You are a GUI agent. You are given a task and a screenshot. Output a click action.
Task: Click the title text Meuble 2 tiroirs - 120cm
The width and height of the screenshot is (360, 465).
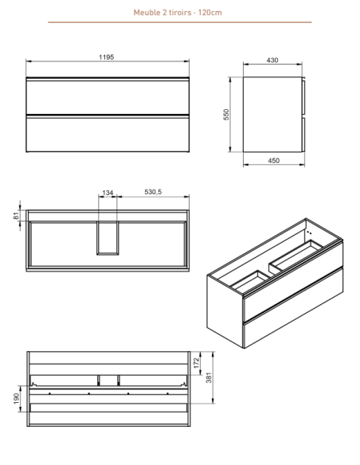tap(178, 13)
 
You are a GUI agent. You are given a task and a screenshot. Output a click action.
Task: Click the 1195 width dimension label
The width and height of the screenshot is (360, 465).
tap(107, 57)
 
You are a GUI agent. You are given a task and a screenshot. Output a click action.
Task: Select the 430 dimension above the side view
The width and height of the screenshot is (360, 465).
tap(272, 61)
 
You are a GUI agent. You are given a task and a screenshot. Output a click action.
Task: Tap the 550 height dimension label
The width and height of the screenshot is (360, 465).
tap(226, 115)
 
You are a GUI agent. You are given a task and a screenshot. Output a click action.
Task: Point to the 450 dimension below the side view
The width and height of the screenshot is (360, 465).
tap(274, 160)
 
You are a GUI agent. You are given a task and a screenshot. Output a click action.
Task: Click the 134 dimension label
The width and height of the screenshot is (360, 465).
tap(108, 193)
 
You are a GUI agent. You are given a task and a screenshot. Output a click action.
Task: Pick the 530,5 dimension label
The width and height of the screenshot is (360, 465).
tap(153, 192)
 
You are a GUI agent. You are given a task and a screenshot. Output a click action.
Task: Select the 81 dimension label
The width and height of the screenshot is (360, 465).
tap(17, 216)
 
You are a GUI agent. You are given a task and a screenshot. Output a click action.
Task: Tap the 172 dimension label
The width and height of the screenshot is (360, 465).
tap(196, 363)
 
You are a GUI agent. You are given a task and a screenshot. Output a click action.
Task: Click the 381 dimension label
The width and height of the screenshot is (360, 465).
tap(209, 377)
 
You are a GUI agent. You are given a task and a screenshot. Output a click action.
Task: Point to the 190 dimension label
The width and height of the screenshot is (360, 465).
tap(17, 398)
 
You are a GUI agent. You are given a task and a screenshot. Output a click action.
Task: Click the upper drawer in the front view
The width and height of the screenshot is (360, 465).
tap(108, 96)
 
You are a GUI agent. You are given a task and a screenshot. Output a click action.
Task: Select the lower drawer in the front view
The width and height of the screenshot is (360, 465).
tap(108, 134)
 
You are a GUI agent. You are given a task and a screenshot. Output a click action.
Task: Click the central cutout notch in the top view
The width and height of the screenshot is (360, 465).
tap(108, 238)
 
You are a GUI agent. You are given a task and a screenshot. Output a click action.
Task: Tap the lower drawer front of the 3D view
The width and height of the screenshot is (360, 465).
tap(293, 307)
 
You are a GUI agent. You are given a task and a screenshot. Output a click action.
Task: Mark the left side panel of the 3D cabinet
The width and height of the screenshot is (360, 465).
tap(225, 311)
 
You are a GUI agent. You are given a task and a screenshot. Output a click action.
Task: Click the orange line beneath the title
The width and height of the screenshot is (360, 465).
tap(180, 22)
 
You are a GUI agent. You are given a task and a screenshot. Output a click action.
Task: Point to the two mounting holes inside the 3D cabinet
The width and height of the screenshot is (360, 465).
tap(309, 233)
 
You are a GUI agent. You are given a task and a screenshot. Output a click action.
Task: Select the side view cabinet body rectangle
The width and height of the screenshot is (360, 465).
tap(272, 115)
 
